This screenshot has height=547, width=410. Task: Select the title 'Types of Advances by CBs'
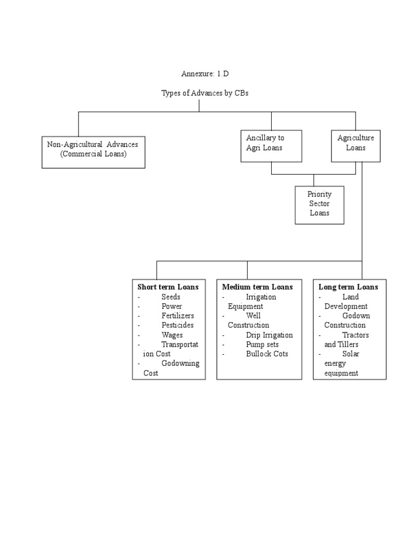coord(205,93)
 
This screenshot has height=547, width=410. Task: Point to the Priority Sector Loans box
coord(319,204)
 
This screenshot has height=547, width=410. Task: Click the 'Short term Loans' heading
coord(168,287)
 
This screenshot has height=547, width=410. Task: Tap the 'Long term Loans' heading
coord(348,287)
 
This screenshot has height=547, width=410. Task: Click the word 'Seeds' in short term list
coord(171,297)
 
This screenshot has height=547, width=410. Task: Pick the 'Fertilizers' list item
coord(178,316)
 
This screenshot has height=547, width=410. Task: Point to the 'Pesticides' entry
coord(178,325)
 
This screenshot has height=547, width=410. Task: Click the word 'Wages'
coord(172,335)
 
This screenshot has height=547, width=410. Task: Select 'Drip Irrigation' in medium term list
coord(269,335)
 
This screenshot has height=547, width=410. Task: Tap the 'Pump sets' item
coord(262,345)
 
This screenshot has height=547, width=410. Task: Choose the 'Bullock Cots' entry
coord(267,354)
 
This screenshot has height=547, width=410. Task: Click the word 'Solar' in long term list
coord(351,354)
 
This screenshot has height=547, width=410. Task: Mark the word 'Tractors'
coord(356,335)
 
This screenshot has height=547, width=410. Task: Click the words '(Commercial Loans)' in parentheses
coord(93,154)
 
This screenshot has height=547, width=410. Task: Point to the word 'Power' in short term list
coord(172,307)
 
